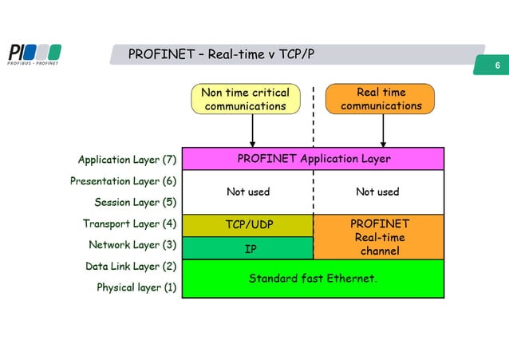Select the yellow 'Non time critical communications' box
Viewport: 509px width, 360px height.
[245, 99]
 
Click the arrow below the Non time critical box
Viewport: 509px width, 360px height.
[252, 131]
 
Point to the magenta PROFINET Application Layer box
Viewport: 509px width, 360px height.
[314, 159]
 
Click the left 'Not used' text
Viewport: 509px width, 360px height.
[248, 192]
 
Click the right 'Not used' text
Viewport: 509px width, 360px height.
[377, 192]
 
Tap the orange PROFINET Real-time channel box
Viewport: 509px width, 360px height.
[379, 237]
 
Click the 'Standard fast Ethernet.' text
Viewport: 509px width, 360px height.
[314, 279]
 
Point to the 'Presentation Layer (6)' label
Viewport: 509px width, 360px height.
[124, 181]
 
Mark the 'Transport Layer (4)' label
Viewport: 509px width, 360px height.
[129, 224]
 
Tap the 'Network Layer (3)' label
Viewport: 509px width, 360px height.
[132, 244]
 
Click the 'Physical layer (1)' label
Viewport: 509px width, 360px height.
[136, 287]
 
